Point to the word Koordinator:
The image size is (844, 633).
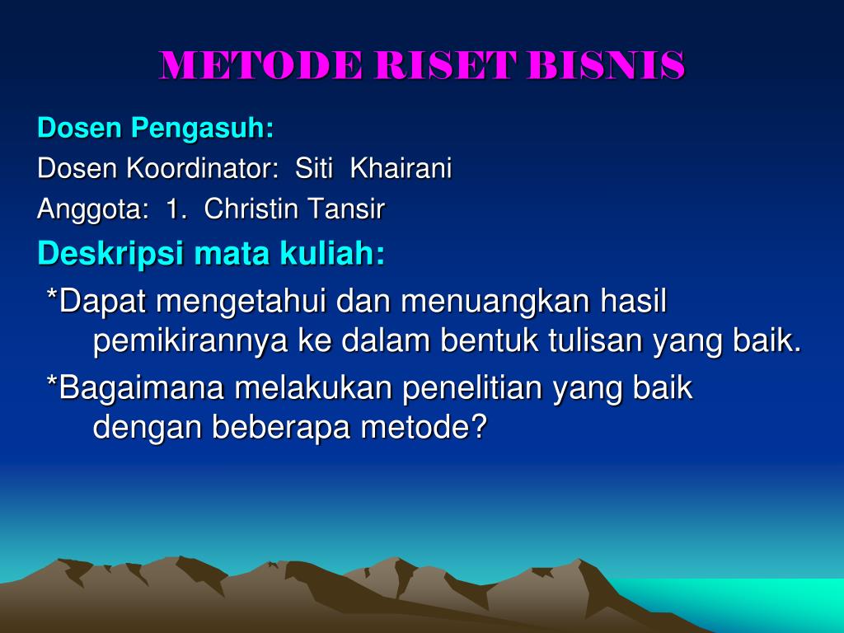(201, 169)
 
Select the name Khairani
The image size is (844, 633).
(401, 169)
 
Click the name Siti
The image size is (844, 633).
(314, 169)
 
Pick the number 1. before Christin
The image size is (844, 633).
(176, 210)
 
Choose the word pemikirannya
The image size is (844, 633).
(191, 341)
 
